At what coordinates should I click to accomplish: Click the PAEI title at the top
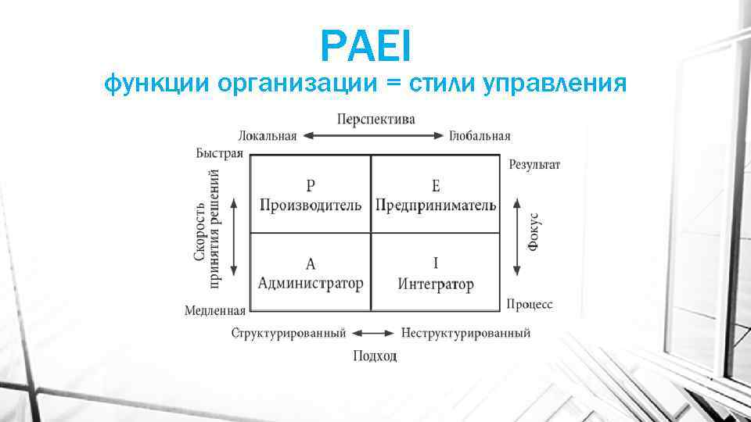click(365, 46)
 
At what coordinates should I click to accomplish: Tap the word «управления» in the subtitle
click(559, 81)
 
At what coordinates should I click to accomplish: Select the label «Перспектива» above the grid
click(376, 119)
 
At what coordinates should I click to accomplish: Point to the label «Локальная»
click(267, 136)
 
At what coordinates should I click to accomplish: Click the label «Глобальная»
click(480, 136)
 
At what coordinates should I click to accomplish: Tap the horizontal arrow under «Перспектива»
click(373, 135)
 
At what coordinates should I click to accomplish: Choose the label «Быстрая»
click(219, 153)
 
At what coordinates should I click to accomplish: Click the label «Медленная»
click(215, 310)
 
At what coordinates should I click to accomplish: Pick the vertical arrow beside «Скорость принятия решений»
click(234, 236)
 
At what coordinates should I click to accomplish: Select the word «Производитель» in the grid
click(311, 205)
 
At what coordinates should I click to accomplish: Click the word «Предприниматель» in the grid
click(436, 205)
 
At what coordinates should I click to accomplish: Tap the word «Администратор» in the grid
click(311, 283)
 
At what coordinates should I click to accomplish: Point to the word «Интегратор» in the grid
click(436, 283)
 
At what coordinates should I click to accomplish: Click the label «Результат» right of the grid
click(534, 164)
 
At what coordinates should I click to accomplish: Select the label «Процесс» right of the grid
click(530, 304)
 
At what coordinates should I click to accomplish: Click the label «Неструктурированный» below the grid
click(465, 333)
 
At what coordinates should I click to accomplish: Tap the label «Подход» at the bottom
click(375, 356)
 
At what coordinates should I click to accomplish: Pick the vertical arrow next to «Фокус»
click(516, 236)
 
